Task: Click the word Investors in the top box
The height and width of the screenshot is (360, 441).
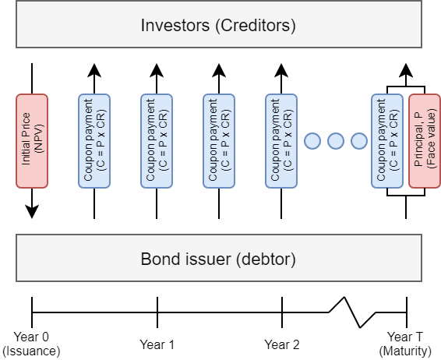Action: click(175, 25)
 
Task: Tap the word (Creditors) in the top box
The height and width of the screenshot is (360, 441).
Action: click(256, 26)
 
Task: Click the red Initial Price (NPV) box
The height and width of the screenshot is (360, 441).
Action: click(32, 141)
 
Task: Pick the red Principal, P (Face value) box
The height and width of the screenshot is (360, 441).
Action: click(425, 141)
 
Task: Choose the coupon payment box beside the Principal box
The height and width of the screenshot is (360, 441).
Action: click(387, 141)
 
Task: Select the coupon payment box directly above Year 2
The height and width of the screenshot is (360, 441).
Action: click(281, 141)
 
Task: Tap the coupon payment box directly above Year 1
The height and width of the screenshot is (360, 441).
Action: click(157, 141)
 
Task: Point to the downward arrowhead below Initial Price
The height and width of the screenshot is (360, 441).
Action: click(32, 211)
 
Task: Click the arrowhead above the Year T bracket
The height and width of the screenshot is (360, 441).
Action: click(406, 70)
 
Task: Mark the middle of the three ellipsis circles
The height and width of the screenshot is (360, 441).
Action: click(336, 141)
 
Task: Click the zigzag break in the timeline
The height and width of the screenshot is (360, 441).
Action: click(352, 312)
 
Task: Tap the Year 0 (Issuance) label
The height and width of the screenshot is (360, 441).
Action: click(31, 344)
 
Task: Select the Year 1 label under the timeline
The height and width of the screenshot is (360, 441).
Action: click(157, 344)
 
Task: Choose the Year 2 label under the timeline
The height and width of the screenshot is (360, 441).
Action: click(282, 344)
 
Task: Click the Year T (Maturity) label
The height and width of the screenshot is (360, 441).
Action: click(405, 344)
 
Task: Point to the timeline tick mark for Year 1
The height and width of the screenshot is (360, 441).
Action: click(157, 312)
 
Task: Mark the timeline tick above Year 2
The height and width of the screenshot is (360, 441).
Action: click(282, 312)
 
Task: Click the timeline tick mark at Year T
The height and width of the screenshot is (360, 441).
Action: click(407, 312)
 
